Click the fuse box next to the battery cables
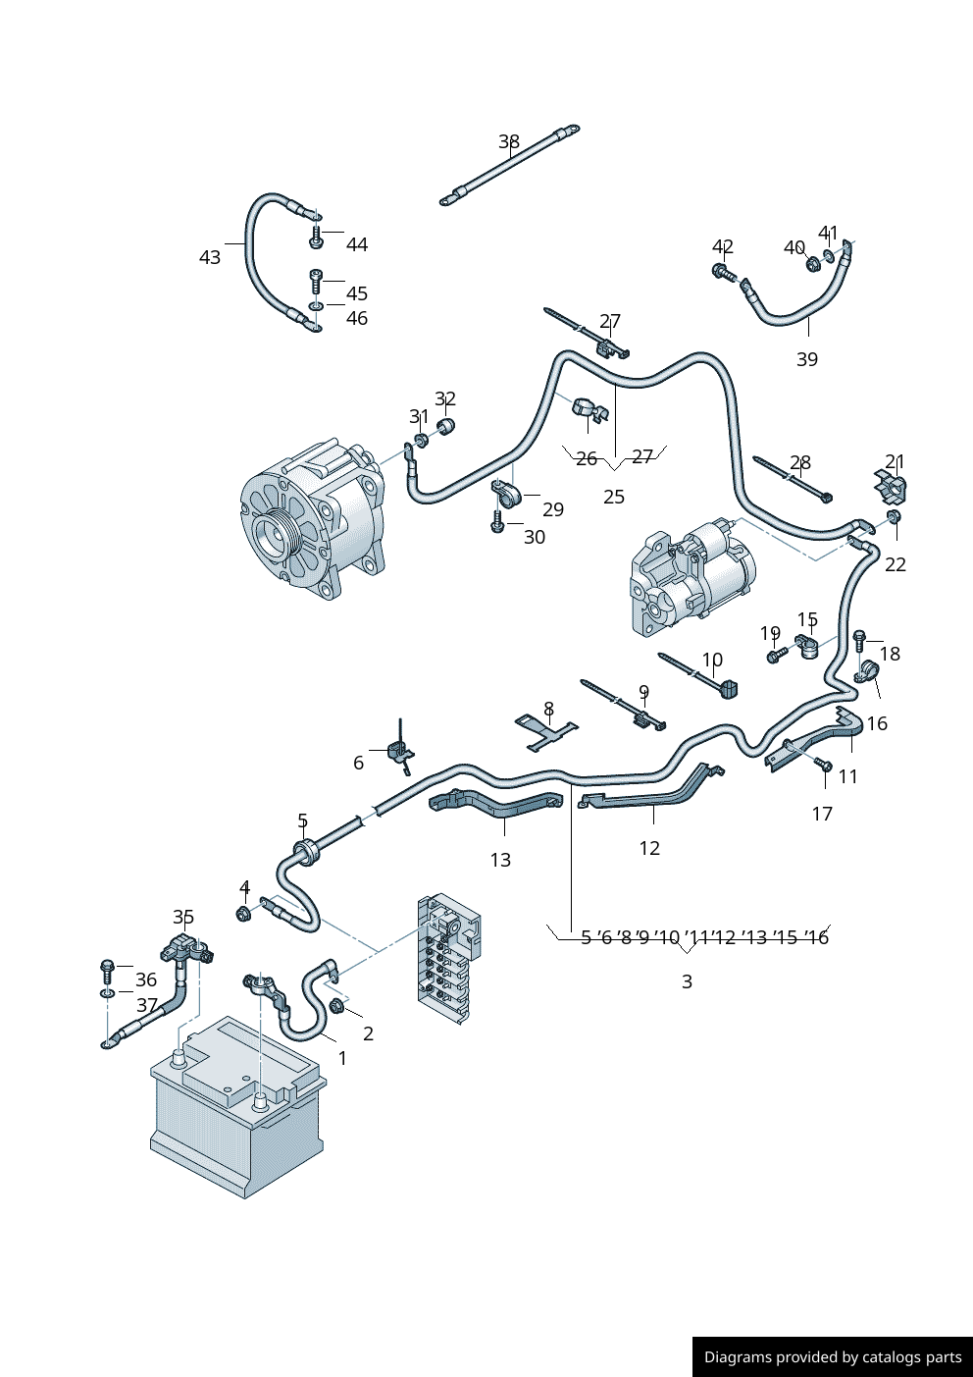click(x=448, y=957)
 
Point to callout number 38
click(x=509, y=141)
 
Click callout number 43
click(x=210, y=257)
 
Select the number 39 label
click(x=807, y=359)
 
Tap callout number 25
click(x=614, y=497)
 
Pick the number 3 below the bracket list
click(x=687, y=981)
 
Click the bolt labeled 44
click(x=317, y=238)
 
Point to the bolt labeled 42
click(x=723, y=272)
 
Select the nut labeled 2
click(x=336, y=1006)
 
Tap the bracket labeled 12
click(x=652, y=790)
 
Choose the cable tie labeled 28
click(x=793, y=478)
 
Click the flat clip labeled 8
click(x=546, y=732)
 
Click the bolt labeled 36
click(x=108, y=971)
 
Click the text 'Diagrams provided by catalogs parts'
click(x=833, y=1357)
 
